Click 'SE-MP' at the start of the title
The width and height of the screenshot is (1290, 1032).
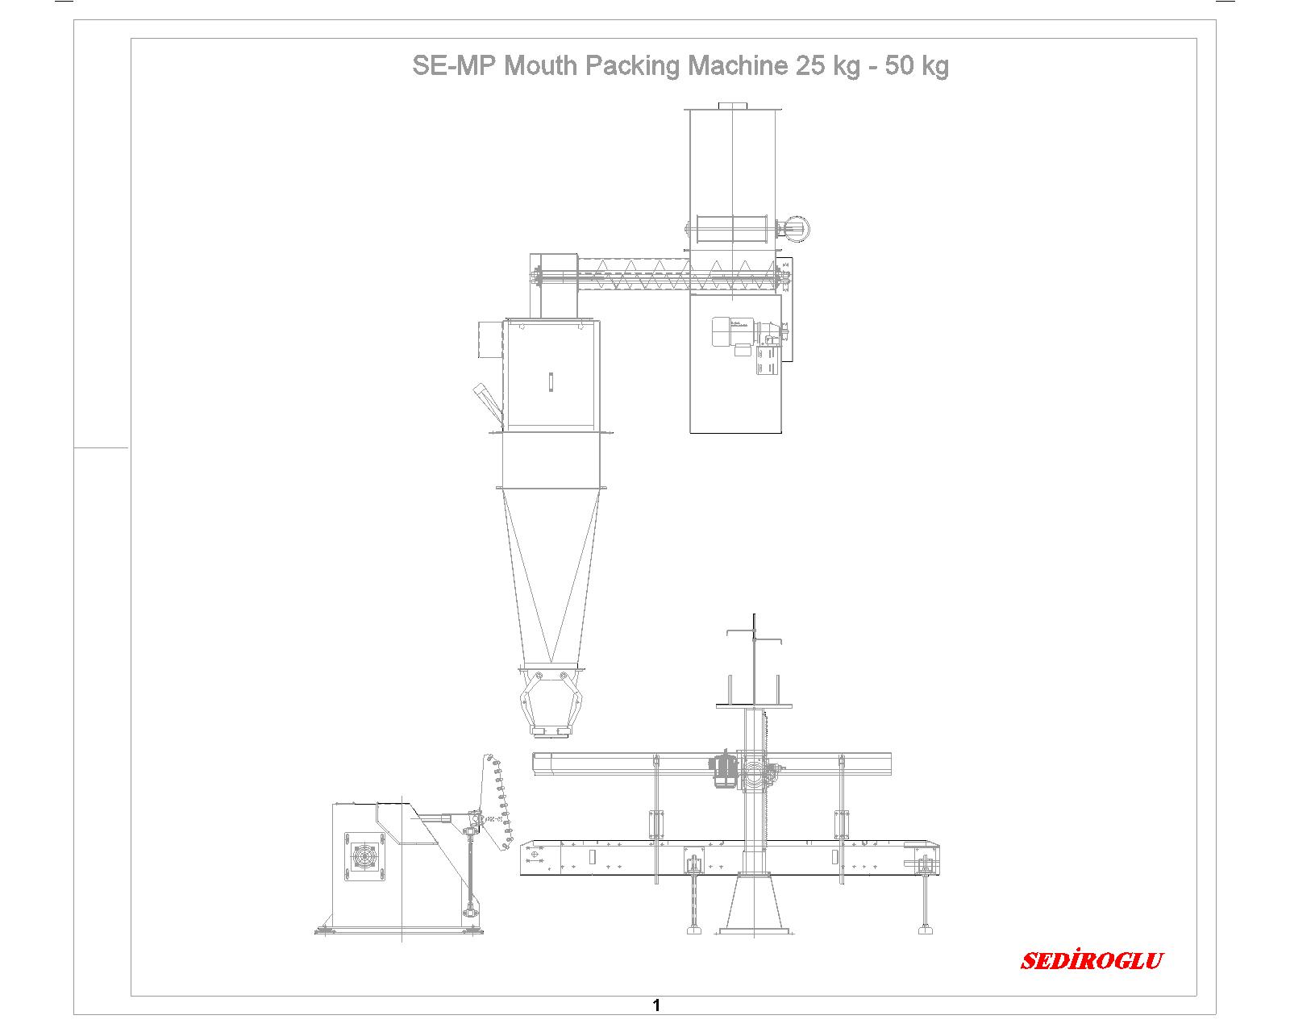tap(455, 65)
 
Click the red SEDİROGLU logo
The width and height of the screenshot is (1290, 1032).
tap(1091, 960)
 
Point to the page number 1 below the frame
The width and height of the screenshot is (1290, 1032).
tap(656, 1005)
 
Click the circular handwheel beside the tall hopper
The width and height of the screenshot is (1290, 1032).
tap(796, 228)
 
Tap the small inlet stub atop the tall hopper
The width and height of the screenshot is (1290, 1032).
tap(733, 106)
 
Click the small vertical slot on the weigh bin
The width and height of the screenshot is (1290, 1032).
tap(551, 382)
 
